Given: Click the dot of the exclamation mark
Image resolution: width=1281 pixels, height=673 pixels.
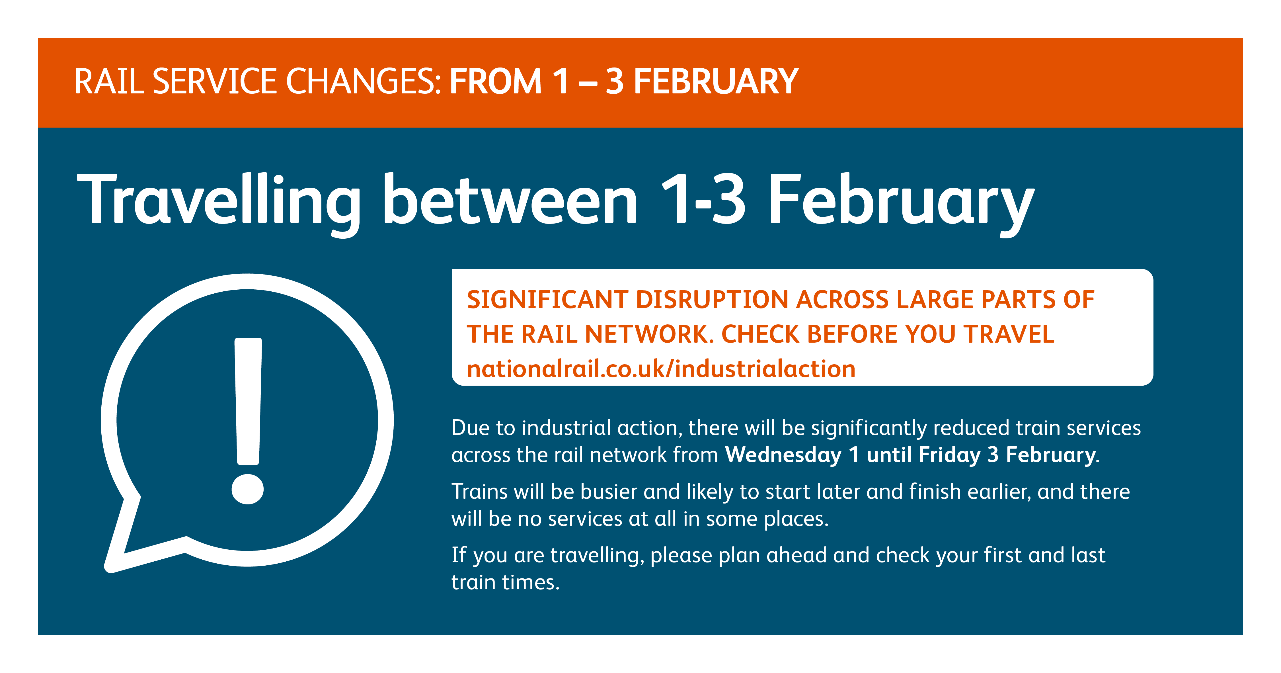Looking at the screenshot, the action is tap(248, 488).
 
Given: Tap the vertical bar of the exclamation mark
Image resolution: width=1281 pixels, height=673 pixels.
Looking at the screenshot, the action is tap(248, 401).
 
